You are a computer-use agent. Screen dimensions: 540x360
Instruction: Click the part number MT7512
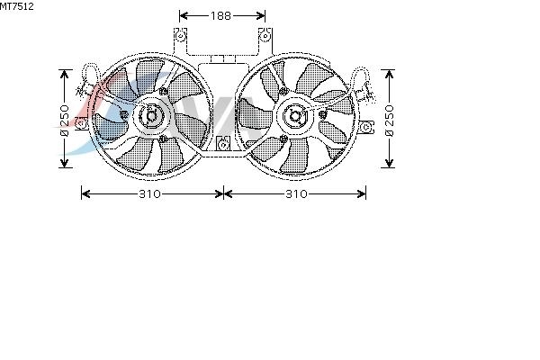17,6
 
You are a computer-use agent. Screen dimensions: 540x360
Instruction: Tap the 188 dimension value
221,15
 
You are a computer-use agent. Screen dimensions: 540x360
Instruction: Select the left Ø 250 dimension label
65,120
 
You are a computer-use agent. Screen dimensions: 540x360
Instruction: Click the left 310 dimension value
149,194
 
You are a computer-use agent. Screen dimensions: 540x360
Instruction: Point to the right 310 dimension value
296,194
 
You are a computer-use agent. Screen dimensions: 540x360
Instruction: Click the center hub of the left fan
151,116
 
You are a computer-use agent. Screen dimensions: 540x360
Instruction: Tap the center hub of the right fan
295,116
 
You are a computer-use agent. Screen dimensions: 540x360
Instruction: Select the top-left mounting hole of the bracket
180,36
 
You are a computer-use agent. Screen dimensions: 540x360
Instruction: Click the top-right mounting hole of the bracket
265,35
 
